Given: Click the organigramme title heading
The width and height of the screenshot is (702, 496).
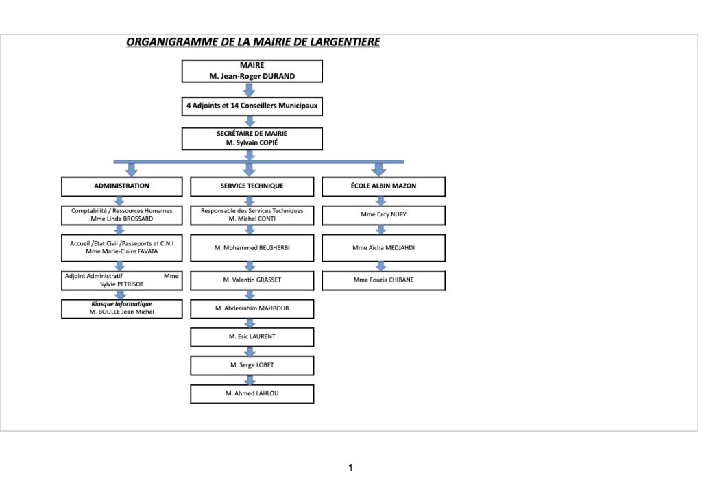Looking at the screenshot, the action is tap(253, 42).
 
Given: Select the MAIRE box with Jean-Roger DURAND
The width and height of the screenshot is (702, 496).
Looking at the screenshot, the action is tap(252, 71).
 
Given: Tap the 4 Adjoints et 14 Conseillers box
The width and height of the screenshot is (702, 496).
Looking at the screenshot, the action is tap(252, 106).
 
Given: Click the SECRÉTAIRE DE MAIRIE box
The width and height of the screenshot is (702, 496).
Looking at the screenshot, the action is tap(252, 138).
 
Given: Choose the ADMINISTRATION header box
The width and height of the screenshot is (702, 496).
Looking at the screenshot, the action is tap(122, 186).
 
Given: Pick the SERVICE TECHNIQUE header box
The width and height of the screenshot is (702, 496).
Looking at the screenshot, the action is tap(252, 186).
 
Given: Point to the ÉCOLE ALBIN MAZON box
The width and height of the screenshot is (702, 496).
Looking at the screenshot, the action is tap(384, 186).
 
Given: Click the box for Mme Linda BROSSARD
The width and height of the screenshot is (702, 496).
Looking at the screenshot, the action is tap(122, 215).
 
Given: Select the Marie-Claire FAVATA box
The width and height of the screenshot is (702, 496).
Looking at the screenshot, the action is tap(122, 248).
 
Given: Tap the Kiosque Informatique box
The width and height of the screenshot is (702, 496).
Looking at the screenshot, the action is tap(122, 308).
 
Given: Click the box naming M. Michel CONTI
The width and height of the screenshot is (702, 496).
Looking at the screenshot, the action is tap(252, 215).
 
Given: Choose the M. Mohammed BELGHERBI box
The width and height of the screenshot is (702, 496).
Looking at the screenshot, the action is tap(252, 248).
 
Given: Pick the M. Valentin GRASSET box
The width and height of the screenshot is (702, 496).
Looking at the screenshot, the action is tap(252, 280).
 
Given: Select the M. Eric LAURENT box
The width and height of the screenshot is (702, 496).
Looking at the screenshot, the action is tap(252, 337).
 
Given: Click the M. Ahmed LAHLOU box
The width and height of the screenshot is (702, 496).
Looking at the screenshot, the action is tap(252, 394).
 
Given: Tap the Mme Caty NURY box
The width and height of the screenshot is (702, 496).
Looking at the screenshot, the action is tap(384, 215).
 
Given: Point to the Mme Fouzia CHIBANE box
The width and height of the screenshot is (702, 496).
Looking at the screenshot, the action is tap(384, 280).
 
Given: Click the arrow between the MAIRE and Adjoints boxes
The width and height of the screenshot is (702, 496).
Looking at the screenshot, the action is tap(250, 90).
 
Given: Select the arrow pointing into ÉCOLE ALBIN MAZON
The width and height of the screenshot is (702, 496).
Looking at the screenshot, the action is tap(378, 169).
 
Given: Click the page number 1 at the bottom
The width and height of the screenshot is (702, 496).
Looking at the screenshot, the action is tap(350, 469).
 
